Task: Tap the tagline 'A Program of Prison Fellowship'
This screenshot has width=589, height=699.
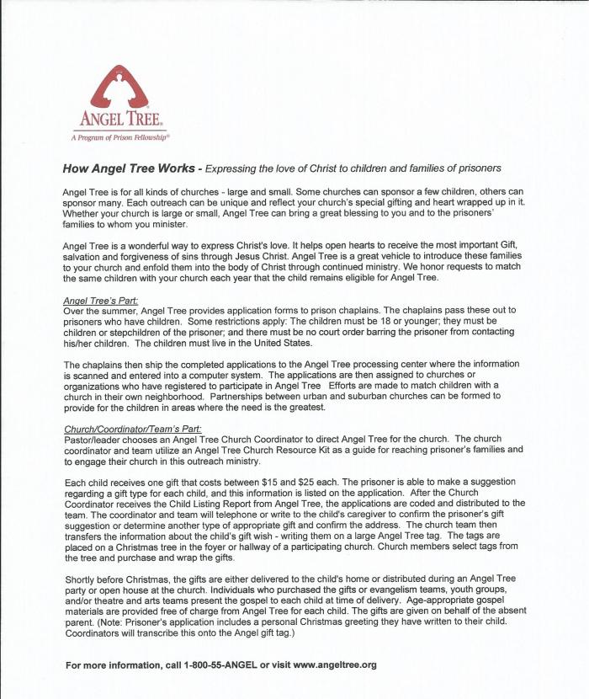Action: (121, 135)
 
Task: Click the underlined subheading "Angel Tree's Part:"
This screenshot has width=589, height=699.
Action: (101, 301)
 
